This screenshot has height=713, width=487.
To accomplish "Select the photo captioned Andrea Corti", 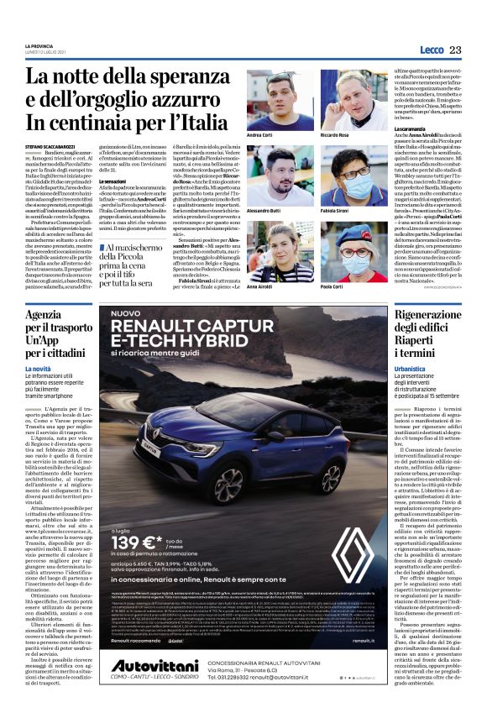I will pyautogui.click(x=280, y=100).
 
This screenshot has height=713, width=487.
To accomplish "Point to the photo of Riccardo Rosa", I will pyautogui.click(x=353, y=100).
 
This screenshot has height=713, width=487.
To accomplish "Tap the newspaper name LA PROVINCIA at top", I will pyautogui.click(x=40, y=45).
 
